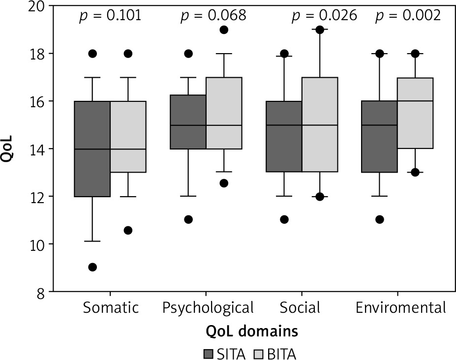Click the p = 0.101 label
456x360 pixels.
[110, 16]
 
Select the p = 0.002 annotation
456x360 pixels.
[408, 16]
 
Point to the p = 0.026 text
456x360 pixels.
[324, 16]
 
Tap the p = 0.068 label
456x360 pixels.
[213, 16]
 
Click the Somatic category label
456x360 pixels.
[111, 308]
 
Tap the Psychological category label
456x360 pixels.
[208, 308]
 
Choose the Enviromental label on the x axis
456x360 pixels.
[401, 308]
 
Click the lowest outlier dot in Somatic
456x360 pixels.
[92, 267]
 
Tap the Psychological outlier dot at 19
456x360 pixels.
[224, 30]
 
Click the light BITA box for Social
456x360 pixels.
[320, 124]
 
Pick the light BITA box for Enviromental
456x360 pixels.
[415, 113]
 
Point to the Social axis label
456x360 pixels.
[300, 308]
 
